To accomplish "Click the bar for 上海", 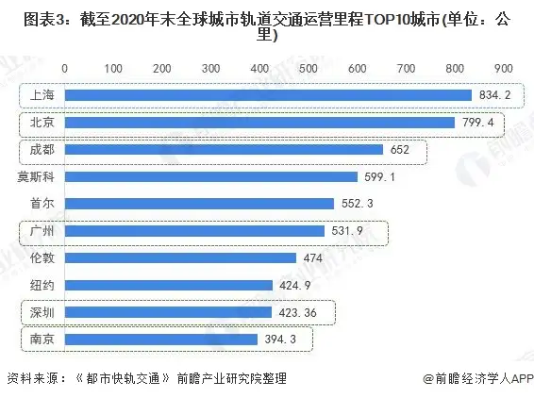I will pyautogui.click(x=268, y=95).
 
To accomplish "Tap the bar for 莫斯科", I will pyautogui.click(x=211, y=176).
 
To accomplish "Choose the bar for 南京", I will pyautogui.click(x=161, y=340).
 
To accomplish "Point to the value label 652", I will pyautogui.click(x=401, y=149).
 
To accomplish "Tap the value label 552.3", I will pyautogui.click(x=356, y=204).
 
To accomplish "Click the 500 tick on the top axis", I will pyautogui.click(x=308, y=68).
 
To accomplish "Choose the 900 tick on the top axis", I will pyautogui.click(x=502, y=68).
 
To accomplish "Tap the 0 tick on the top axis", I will pyautogui.click(x=64, y=68).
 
